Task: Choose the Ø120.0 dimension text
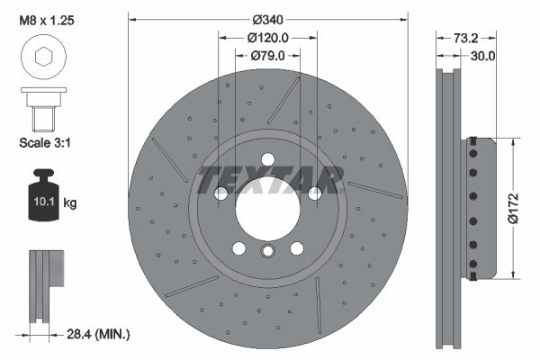(x=267, y=38)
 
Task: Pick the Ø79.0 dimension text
(x=267, y=56)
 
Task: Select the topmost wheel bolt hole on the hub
(x=267, y=160)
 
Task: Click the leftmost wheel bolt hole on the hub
(x=220, y=193)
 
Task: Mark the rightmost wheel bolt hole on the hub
(x=315, y=193)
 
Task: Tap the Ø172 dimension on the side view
(x=524, y=208)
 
